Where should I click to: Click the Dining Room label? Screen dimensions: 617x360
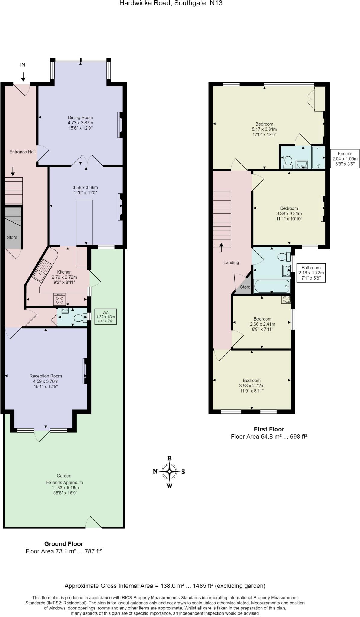[80, 117]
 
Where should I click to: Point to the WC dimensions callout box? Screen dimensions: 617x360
[106, 317]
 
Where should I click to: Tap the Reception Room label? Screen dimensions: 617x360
[46, 376]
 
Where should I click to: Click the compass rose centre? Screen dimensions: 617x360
[169, 471]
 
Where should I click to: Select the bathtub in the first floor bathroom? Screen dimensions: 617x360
[272, 286]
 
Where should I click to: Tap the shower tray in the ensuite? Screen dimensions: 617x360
[318, 157]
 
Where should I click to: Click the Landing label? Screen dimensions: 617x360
[231, 262]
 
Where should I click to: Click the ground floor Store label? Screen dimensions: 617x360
[12, 237]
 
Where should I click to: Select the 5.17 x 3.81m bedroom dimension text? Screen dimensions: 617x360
[264, 129]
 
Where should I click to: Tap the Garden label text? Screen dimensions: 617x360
[64, 476]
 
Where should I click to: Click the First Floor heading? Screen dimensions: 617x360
[269, 429]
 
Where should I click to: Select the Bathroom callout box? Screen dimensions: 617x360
[311, 273]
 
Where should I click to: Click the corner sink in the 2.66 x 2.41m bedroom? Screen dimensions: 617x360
[286, 299]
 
